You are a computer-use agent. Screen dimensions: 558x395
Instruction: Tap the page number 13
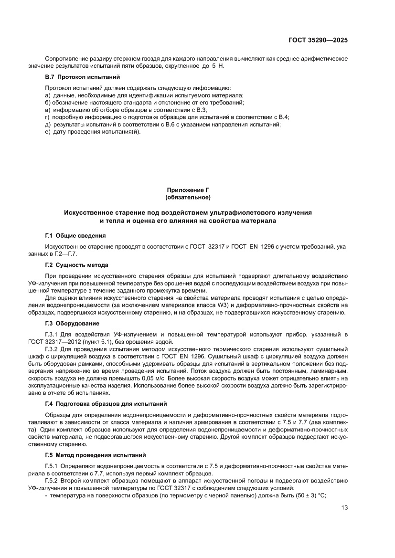pos(344,521)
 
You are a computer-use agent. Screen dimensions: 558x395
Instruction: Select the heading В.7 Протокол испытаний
pos(82,77)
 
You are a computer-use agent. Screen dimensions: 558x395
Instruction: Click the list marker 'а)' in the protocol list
pos(48,95)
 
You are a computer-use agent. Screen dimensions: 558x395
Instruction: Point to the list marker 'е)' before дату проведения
pos(48,132)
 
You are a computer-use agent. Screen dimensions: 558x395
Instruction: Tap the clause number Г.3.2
pos(52,350)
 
